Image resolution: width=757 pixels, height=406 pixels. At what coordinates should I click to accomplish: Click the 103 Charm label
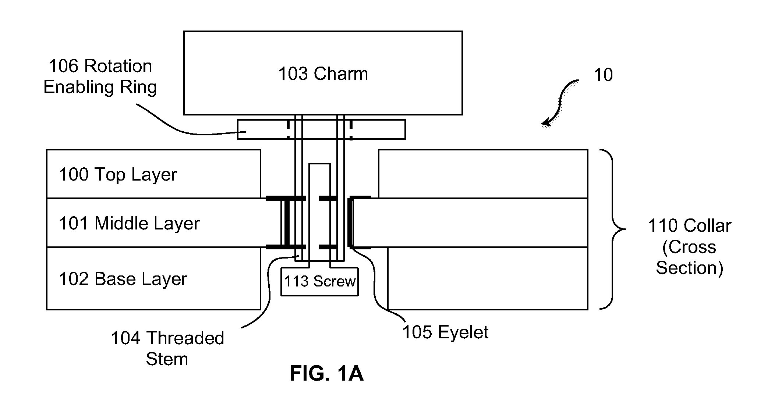point(323,74)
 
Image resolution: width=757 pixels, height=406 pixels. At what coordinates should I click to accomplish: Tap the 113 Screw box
point(319,282)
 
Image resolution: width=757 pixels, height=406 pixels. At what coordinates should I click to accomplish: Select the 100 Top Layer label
point(118,175)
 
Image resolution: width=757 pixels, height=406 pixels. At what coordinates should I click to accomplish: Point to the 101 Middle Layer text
point(129,224)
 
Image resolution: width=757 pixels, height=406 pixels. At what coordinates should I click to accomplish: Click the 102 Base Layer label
point(123,279)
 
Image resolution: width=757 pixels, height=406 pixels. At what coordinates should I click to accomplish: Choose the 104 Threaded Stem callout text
point(167,348)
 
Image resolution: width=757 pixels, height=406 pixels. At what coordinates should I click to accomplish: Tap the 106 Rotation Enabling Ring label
point(100,77)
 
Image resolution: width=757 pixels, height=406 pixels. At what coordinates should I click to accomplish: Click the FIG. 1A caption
point(326,374)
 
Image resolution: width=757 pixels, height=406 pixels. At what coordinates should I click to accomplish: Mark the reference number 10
point(603,75)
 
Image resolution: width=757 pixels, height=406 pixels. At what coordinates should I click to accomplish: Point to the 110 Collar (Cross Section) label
point(689,247)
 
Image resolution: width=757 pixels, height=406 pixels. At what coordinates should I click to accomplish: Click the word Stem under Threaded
point(167,359)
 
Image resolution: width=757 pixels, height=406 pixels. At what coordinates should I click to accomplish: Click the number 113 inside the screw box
point(296,282)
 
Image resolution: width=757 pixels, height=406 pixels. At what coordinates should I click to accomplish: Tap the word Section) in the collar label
point(689,268)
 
